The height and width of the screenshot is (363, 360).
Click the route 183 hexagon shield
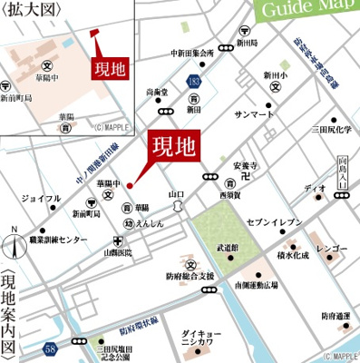click(x=196, y=83)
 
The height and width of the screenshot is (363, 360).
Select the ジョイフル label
click(x=43, y=197)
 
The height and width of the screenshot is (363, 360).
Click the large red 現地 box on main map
click(x=171, y=146)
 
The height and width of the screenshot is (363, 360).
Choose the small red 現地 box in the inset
click(x=110, y=67)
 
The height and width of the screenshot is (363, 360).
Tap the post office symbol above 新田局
click(x=240, y=30)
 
